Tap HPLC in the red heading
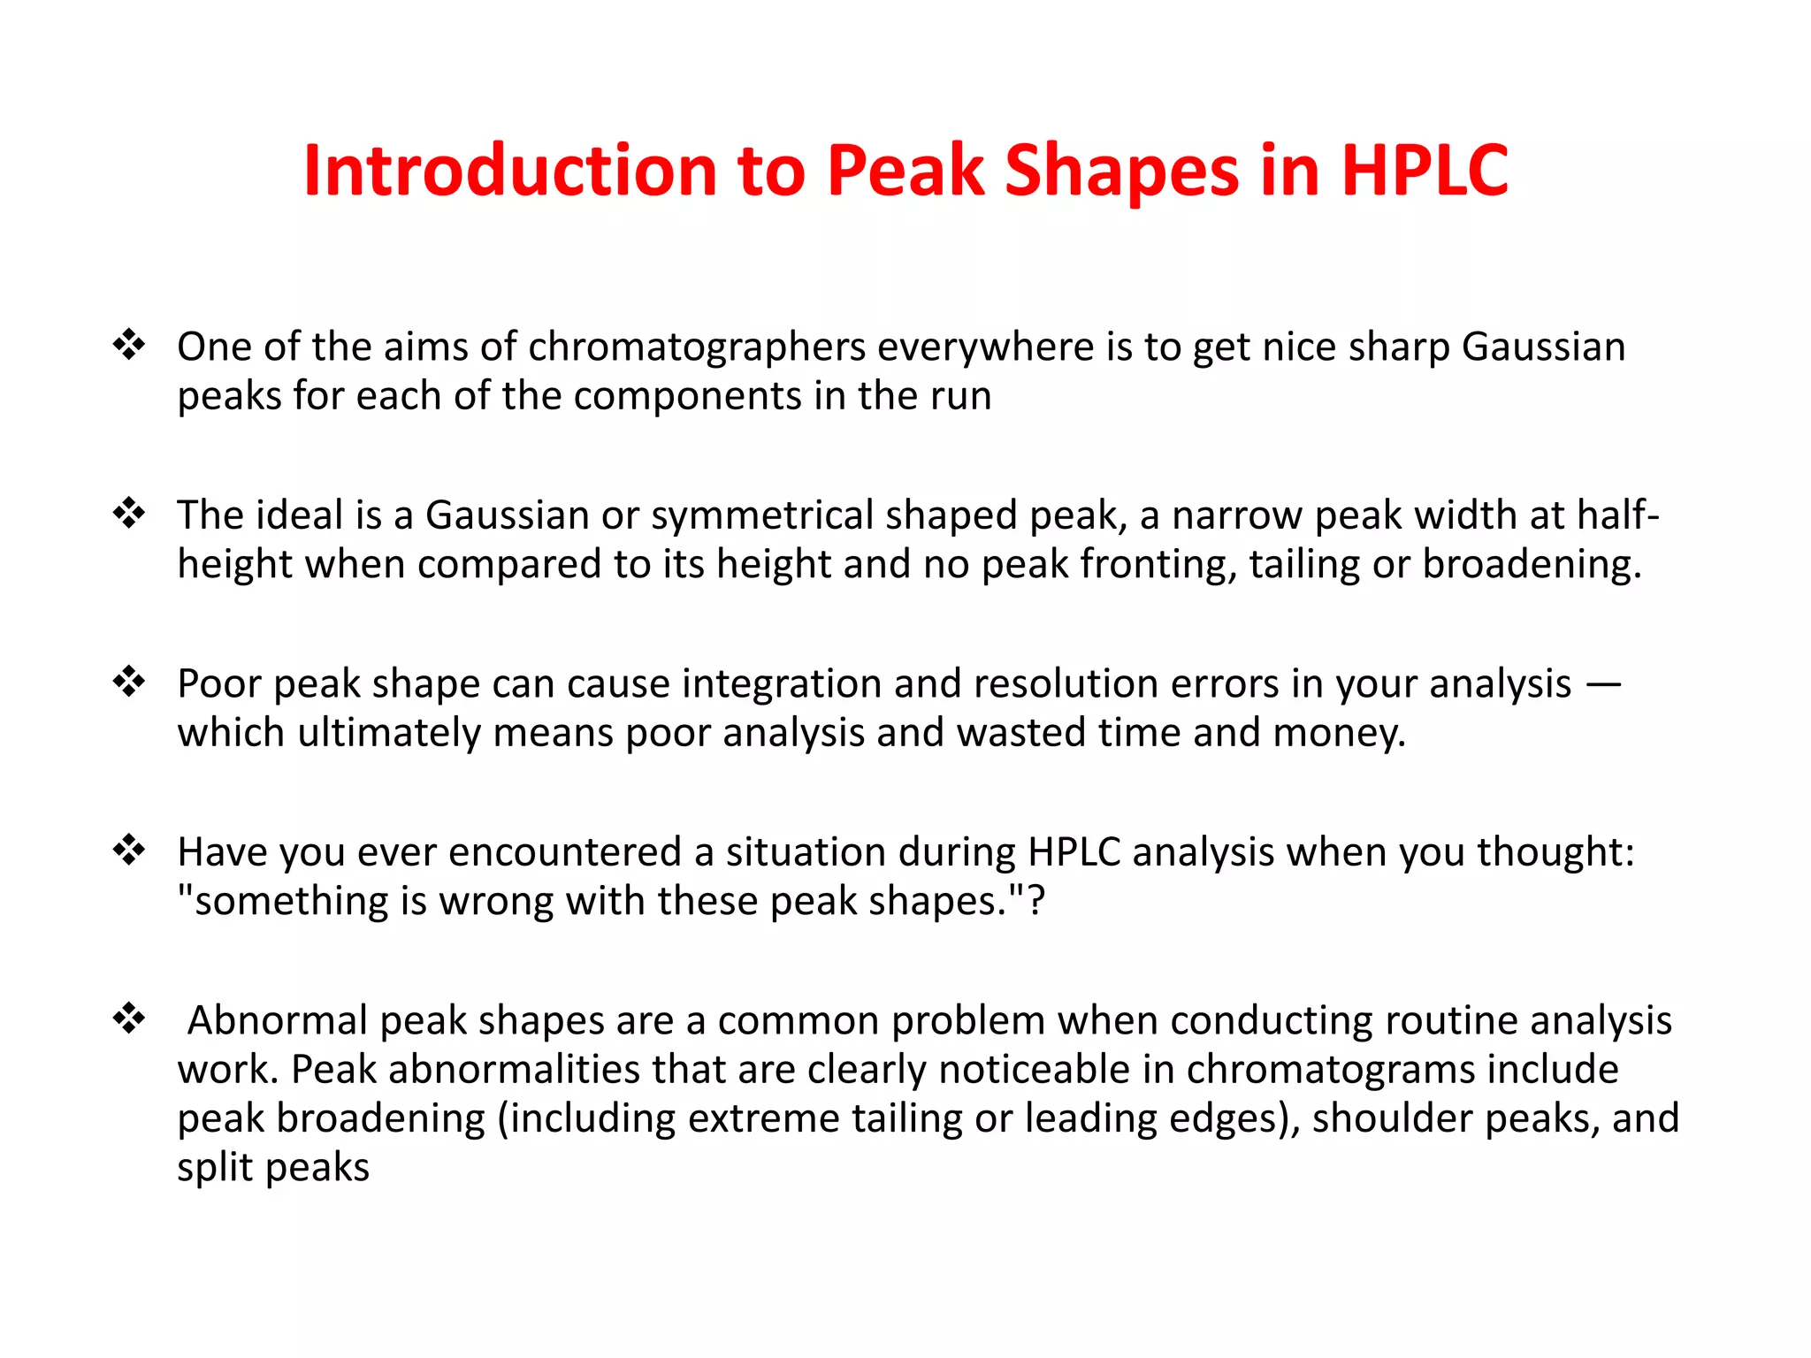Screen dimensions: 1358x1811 1425,171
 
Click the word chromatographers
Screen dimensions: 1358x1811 697,347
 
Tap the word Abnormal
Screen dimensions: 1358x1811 278,1021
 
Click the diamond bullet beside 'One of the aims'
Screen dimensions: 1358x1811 129,344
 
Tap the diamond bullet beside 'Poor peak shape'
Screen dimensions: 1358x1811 129,681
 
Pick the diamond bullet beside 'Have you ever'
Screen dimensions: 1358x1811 129,849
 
